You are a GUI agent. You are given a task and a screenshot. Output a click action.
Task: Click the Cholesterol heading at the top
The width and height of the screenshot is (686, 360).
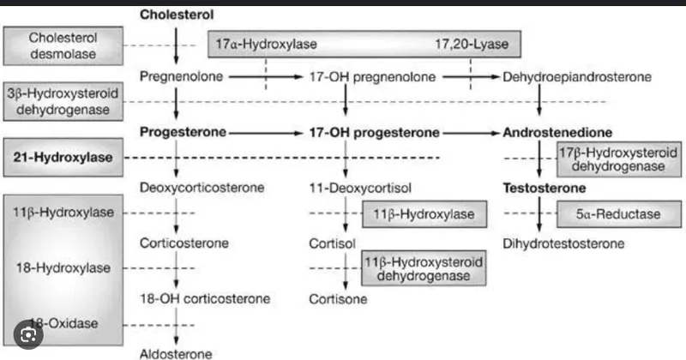[x=177, y=15]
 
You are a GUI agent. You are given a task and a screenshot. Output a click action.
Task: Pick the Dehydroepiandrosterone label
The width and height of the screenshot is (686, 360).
[x=577, y=77]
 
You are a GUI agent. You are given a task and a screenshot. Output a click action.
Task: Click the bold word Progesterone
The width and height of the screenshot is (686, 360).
[x=183, y=133]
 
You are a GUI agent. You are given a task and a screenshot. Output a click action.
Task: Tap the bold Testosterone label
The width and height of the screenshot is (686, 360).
[x=544, y=188]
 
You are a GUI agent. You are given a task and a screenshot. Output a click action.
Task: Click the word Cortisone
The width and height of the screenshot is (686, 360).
[x=338, y=299]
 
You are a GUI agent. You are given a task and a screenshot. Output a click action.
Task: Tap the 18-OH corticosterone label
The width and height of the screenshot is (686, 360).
[x=205, y=299]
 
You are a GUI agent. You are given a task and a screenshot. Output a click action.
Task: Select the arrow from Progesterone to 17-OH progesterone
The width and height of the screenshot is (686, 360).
[x=267, y=133]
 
